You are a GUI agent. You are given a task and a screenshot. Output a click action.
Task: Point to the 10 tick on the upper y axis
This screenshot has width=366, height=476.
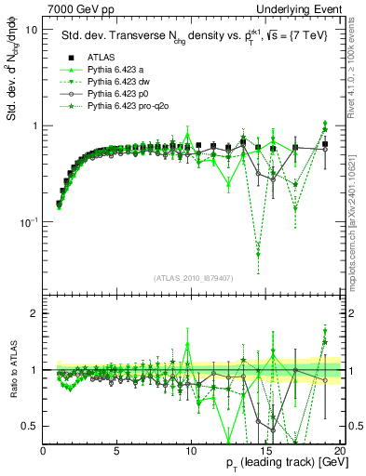[31, 30]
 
